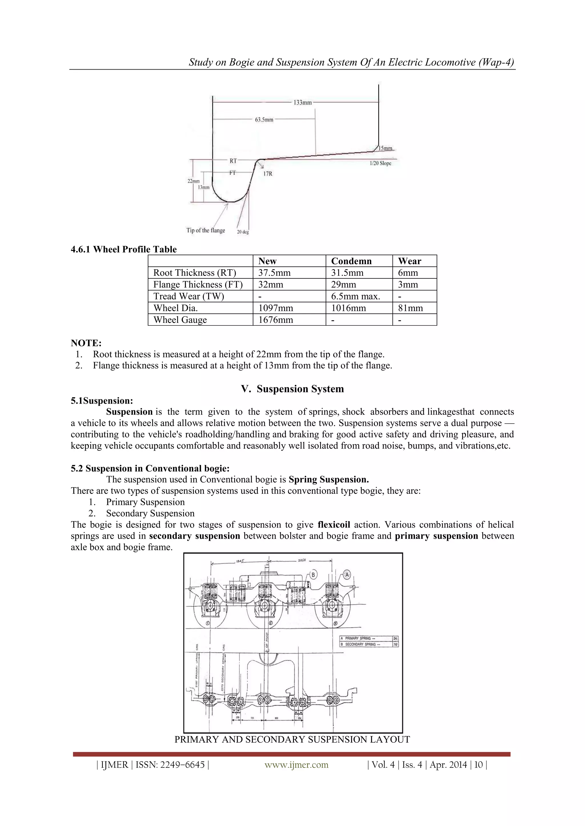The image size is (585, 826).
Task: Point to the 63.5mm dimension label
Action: click(x=264, y=120)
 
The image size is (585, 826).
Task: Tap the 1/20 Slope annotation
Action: click(x=380, y=163)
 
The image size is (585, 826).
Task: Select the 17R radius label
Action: click(x=268, y=174)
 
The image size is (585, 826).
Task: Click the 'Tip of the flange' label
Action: click(x=206, y=230)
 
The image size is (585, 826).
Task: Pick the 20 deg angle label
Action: click(x=243, y=232)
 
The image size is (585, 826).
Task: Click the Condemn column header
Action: click(x=351, y=261)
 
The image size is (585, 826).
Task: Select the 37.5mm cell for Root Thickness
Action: click(x=275, y=273)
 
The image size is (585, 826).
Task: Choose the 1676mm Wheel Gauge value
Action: click(x=276, y=320)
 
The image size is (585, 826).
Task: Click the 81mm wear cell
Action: click(x=410, y=308)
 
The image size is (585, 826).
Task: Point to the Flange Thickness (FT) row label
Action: click(x=198, y=285)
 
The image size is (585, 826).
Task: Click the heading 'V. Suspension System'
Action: click(x=292, y=389)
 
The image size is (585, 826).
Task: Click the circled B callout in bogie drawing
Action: click(x=313, y=574)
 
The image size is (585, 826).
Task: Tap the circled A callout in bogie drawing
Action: click(x=347, y=574)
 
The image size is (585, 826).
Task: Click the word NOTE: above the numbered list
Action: click(x=86, y=343)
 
